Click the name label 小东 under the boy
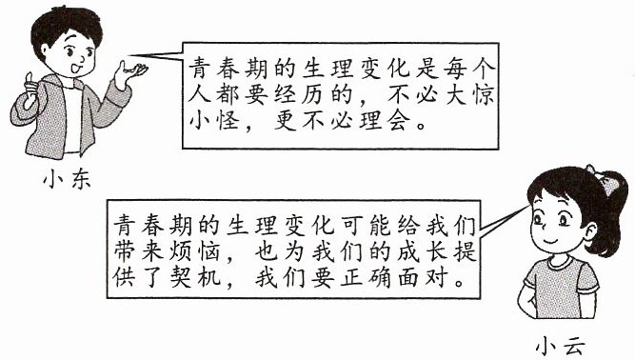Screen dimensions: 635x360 [x=68, y=179]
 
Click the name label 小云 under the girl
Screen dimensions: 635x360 [x=560, y=348]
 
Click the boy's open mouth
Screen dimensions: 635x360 [x=76, y=68]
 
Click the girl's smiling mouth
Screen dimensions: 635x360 [x=551, y=242]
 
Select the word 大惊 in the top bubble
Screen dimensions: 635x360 [x=470, y=94]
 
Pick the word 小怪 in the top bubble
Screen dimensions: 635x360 [x=213, y=120]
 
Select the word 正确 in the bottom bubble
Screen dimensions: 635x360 [x=366, y=277]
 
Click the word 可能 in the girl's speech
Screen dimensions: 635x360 [x=366, y=226]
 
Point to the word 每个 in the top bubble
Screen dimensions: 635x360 [x=469, y=70]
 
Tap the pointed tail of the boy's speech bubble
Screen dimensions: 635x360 [x=129, y=55]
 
